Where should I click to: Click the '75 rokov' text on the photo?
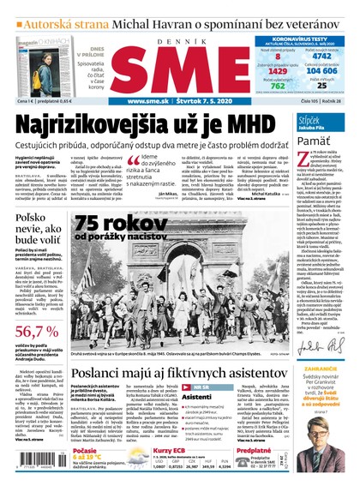tap(119, 225)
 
